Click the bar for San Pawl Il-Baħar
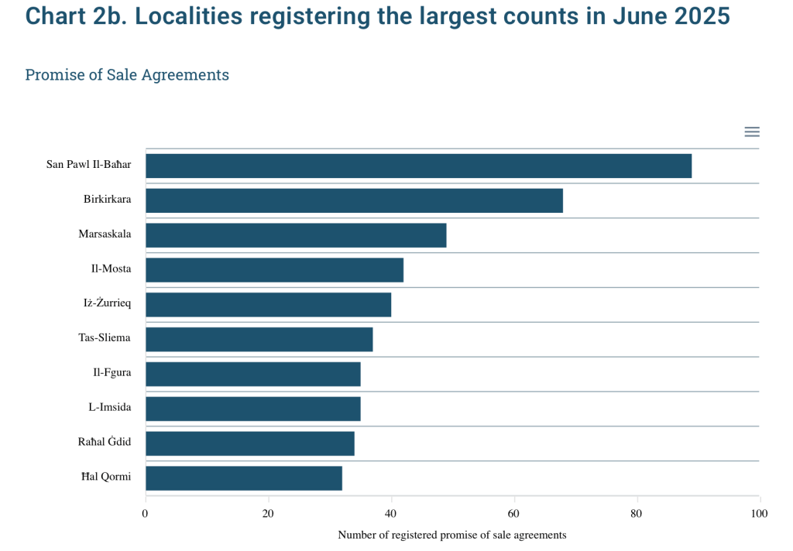point(419,166)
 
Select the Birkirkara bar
point(355,200)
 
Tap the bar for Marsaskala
point(297,235)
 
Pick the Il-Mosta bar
point(275,270)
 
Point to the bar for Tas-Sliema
point(259,339)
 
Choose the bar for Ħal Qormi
point(244,478)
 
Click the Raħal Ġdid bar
point(250,443)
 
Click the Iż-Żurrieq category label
point(107,303)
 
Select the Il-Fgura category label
point(112,372)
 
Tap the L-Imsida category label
point(110,407)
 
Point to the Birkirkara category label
point(107,199)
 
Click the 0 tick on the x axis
point(145,514)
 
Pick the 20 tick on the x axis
point(268,514)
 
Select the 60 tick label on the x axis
point(513,514)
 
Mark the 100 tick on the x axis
point(759,514)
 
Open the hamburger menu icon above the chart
point(752,132)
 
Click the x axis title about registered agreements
point(452,535)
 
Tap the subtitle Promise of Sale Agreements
point(127,75)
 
